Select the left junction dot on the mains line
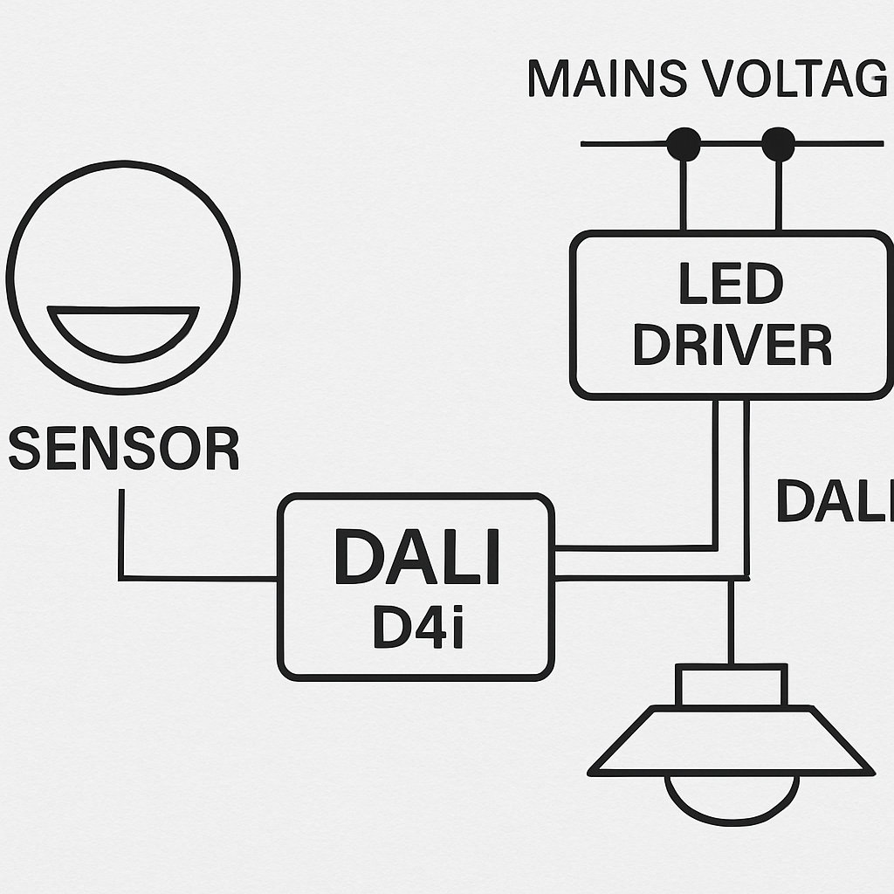684,145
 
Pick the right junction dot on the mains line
778,145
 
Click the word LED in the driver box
732,285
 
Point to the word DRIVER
732,346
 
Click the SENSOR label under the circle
123,449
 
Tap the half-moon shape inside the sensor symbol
123,330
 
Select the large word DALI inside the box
416,557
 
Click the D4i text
416,627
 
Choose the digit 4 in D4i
422,627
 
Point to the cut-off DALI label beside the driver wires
834,502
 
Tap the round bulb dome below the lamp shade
732,799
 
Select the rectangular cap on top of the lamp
731,685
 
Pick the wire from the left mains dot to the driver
684,196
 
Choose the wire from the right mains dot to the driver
778,196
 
